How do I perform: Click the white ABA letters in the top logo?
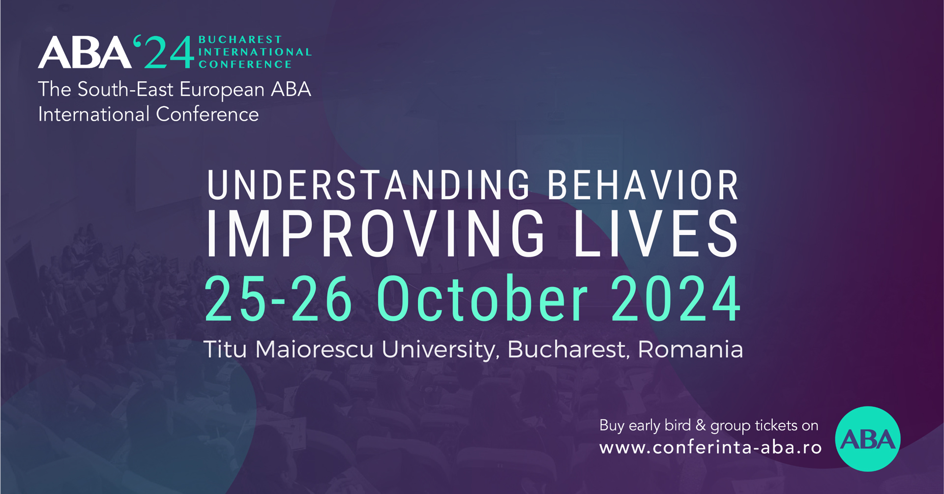[85, 52]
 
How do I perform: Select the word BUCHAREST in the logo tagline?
[240, 39]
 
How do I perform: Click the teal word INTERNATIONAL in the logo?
[255, 52]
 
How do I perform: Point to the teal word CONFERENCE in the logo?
[245, 64]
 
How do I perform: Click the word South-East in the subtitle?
[126, 89]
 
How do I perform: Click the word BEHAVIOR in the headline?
[643, 185]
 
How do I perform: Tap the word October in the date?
[482, 298]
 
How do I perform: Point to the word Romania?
[690, 349]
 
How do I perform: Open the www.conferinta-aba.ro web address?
[710, 448]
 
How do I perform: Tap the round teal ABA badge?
[868, 439]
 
